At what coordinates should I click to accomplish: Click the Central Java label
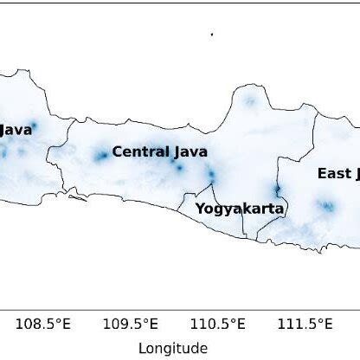click(x=160, y=151)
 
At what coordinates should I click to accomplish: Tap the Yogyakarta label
click(x=240, y=208)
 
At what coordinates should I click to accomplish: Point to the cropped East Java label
click(x=338, y=173)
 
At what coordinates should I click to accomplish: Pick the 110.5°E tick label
click(x=222, y=325)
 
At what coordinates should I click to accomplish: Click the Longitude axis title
click(x=172, y=348)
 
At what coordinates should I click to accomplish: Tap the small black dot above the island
click(x=212, y=34)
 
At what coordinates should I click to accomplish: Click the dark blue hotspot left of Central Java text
click(x=101, y=156)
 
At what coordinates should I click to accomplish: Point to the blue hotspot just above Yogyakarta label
click(x=210, y=175)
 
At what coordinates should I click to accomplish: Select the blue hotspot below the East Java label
click(x=327, y=206)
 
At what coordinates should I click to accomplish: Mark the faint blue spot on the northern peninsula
click(x=250, y=101)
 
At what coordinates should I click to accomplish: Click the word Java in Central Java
click(x=190, y=151)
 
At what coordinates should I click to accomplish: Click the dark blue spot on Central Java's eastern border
click(x=277, y=190)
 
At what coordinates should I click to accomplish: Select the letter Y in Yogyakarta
click(x=200, y=208)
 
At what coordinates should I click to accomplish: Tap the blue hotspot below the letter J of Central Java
click(x=178, y=166)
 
